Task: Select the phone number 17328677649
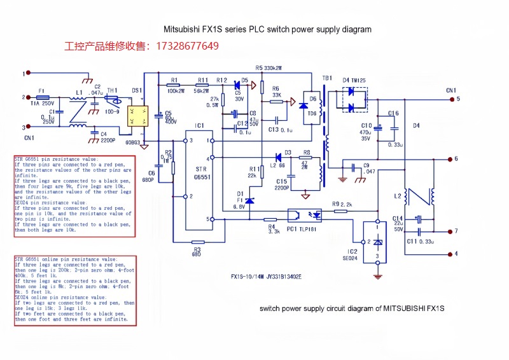(x=185, y=46)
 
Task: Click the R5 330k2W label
(x=268, y=67)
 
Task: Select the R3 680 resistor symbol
(x=197, y=242)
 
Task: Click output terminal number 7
(x=456, y=232)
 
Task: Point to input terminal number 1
(x=24, y=74)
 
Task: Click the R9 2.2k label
(x=342, y=204)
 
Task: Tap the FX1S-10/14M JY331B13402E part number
(x=266, y=277)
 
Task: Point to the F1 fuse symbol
(x=43, y=97)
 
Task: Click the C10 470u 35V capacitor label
(x=366, y=132)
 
